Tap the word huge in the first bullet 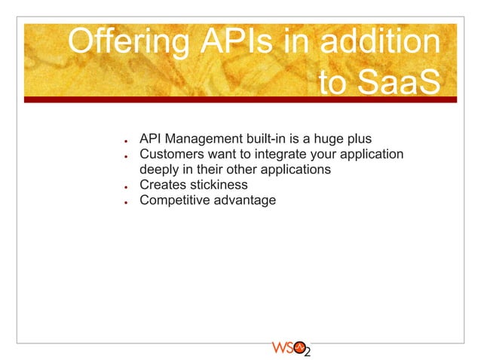328,140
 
